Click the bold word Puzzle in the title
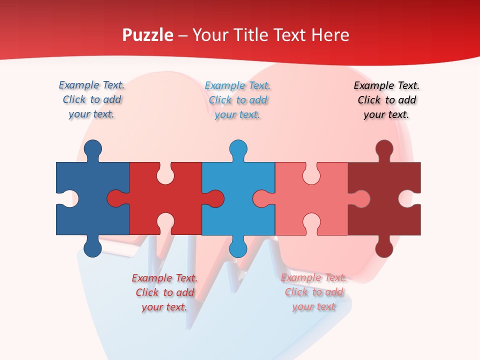pos(148,35)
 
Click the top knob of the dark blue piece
pos(92,149)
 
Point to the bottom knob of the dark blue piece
pos(92,247)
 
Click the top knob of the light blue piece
pos(238,149)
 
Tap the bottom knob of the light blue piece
pos(238,247)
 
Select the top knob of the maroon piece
pos(384,149)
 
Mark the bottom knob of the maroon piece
pos(384,247)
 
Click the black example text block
pos(386,100)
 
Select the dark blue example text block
pos(91,99)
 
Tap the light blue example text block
pos(237,100)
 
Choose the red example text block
pos(164,292)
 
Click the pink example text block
pos(313,292)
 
